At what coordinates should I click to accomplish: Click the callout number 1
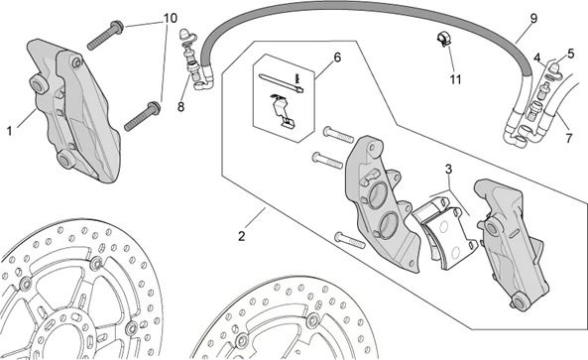(9, 131)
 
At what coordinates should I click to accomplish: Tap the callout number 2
(242, 236)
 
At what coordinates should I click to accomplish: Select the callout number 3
(449, 170)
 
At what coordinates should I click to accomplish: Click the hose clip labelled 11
(443, 40)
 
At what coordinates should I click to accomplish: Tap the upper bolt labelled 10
(105, 35)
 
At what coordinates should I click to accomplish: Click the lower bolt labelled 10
(142, 116)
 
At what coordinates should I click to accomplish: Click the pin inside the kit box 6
(282, 82)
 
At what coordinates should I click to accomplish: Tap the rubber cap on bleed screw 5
(556, 67)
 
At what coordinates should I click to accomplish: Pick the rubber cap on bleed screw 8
(185, 34)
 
